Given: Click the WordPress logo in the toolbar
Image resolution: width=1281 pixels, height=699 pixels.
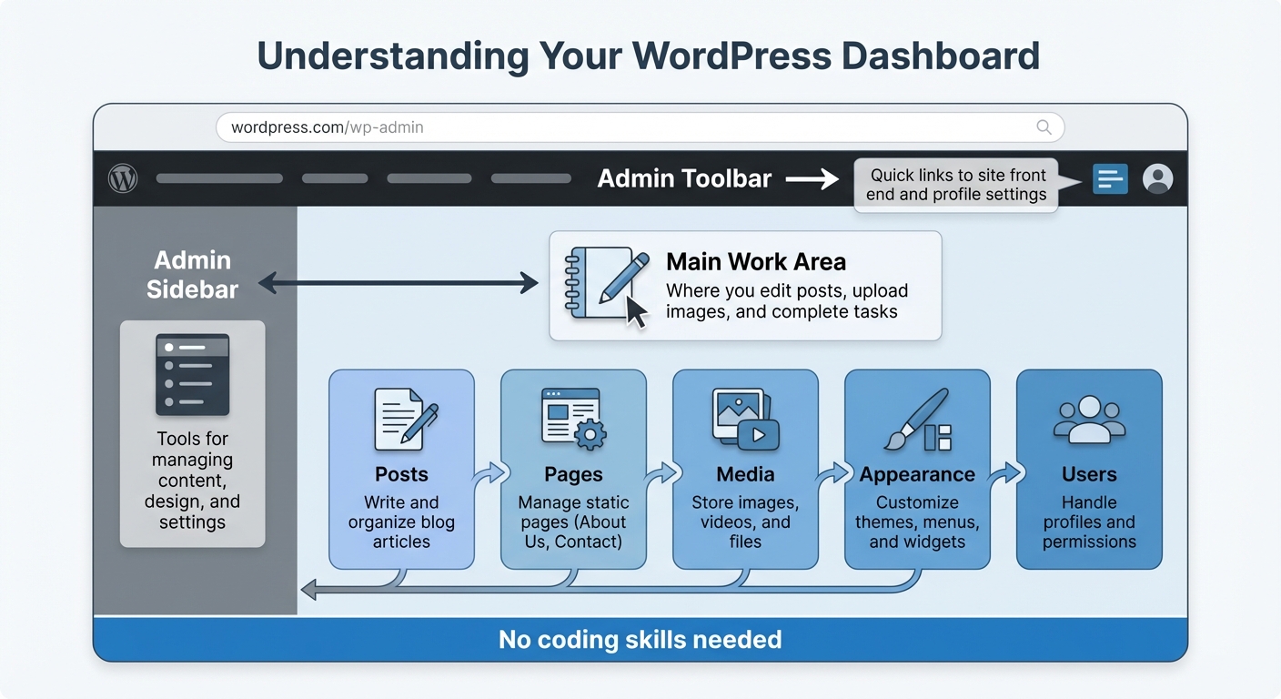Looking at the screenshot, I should (123, 178).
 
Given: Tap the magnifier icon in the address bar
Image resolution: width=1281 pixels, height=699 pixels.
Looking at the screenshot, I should (1044, 127).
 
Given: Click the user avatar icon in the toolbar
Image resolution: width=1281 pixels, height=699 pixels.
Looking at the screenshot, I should (1157, 178).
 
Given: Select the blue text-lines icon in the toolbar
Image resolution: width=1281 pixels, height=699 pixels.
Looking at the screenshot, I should (1110, 179).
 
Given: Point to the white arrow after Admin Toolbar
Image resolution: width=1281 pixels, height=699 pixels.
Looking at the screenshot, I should (812, 179).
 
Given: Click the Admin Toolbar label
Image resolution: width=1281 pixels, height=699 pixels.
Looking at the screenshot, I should (684, 179).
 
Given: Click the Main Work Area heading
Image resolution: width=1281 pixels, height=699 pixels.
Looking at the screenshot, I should (756, 262).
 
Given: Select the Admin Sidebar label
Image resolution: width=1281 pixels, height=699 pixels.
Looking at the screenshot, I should (192, 275).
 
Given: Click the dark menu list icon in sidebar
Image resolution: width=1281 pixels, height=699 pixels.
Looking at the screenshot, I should (192, 374).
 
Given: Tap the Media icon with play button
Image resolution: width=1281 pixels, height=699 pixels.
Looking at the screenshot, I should (743, 419).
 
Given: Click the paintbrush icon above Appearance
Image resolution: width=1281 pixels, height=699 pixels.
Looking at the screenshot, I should (917, 420).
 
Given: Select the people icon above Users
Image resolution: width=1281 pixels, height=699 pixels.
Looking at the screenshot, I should (1089, 420).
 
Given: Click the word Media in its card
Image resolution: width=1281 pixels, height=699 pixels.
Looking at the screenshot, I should (745, 474).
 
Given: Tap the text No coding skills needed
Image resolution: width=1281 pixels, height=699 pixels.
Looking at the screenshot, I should (640, 640).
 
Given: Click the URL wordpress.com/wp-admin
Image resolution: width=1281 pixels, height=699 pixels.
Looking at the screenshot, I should (328, 127).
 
